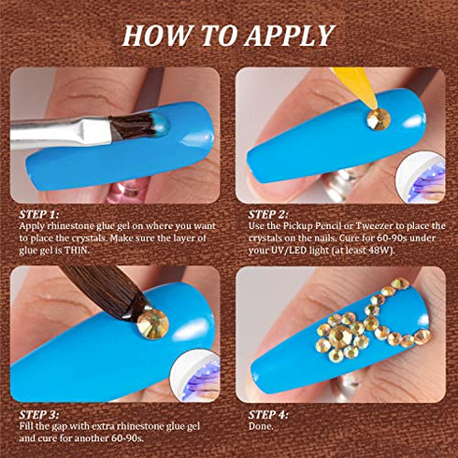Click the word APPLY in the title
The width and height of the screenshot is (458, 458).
pos(290,36)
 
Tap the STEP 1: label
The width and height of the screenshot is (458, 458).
pos(38,214)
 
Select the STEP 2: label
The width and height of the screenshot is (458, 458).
pos(268,214)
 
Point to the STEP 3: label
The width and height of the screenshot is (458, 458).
pos(38,414)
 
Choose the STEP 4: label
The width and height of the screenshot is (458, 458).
pos(268,414)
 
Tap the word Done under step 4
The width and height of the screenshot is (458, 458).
pos(261,426)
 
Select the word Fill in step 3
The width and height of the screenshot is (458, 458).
pos(26,426)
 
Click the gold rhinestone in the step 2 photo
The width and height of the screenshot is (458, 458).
pos(379,119)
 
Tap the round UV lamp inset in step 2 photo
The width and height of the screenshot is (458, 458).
pos(421,177)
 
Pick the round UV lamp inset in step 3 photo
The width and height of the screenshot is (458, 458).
pos(194,374)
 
